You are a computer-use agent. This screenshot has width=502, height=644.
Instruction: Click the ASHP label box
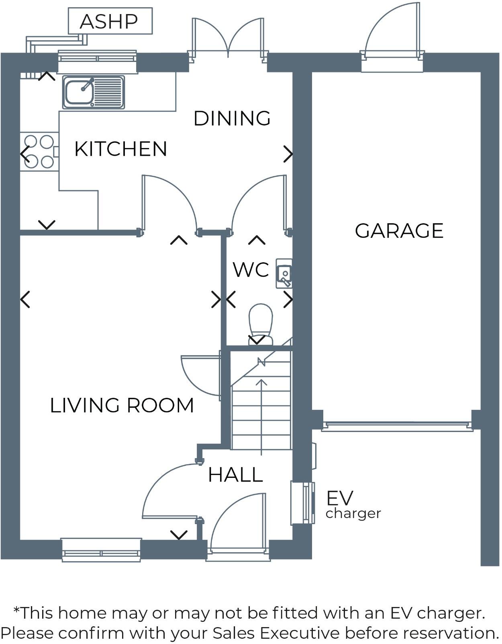(110, 21)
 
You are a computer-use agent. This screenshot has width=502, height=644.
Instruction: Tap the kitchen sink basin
(80, 92)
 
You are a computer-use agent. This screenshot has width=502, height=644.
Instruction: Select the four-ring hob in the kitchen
(39, 152)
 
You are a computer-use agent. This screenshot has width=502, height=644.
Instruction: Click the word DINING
(232, 118)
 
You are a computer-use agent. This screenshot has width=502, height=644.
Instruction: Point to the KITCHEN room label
(120, 149)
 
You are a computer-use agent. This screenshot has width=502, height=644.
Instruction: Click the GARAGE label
(399, 231)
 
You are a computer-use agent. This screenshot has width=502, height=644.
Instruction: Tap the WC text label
(251, 270)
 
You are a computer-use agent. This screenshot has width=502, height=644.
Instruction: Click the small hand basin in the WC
(284, 274)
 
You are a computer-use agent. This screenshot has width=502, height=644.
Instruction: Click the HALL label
(235, 475)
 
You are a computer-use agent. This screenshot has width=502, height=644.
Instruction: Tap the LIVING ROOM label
(122, 405)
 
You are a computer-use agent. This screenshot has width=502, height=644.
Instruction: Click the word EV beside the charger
(339, 498)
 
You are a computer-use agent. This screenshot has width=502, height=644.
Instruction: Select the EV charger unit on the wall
(302, 503)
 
